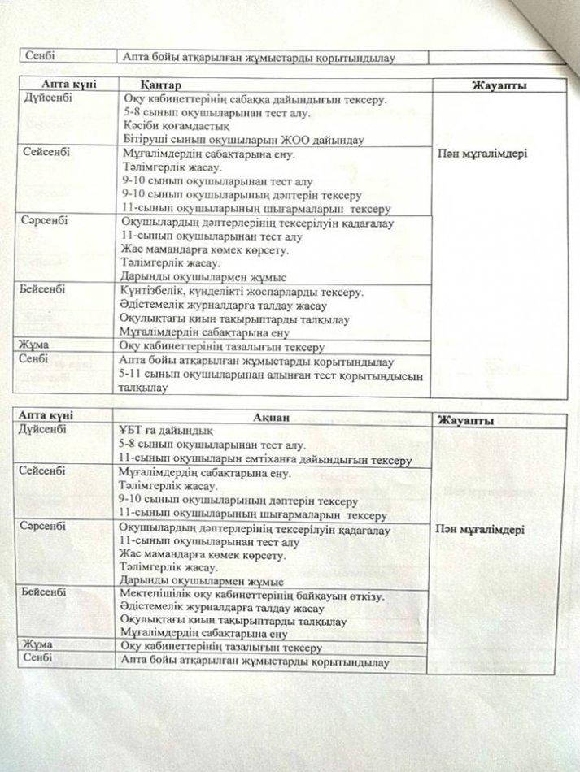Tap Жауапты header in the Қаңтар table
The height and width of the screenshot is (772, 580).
(496, 86)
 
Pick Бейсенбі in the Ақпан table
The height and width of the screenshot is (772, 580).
(45, 591)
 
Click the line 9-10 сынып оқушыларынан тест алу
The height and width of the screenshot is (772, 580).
(216, 181)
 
